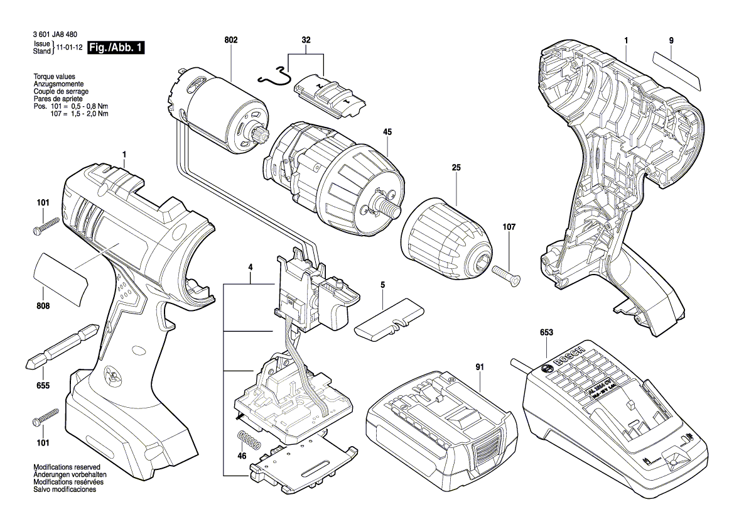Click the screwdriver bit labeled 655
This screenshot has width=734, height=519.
[62, 347]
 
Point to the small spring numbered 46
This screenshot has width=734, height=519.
[248, 440]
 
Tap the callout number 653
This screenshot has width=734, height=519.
[546, 333]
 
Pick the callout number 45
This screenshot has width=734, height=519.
[387, 132]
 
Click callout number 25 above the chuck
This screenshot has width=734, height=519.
[456, 168]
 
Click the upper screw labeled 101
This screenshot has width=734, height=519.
[46, 225]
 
